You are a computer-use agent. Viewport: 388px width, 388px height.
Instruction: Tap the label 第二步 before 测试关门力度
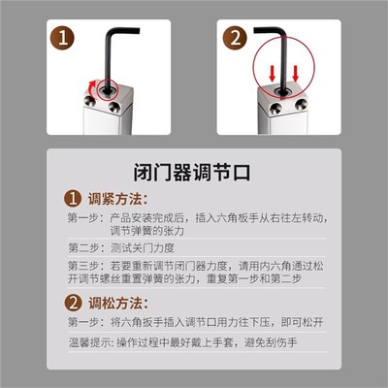tap(84, 248)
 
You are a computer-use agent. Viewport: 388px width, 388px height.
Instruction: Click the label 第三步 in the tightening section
tap(84, 265)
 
